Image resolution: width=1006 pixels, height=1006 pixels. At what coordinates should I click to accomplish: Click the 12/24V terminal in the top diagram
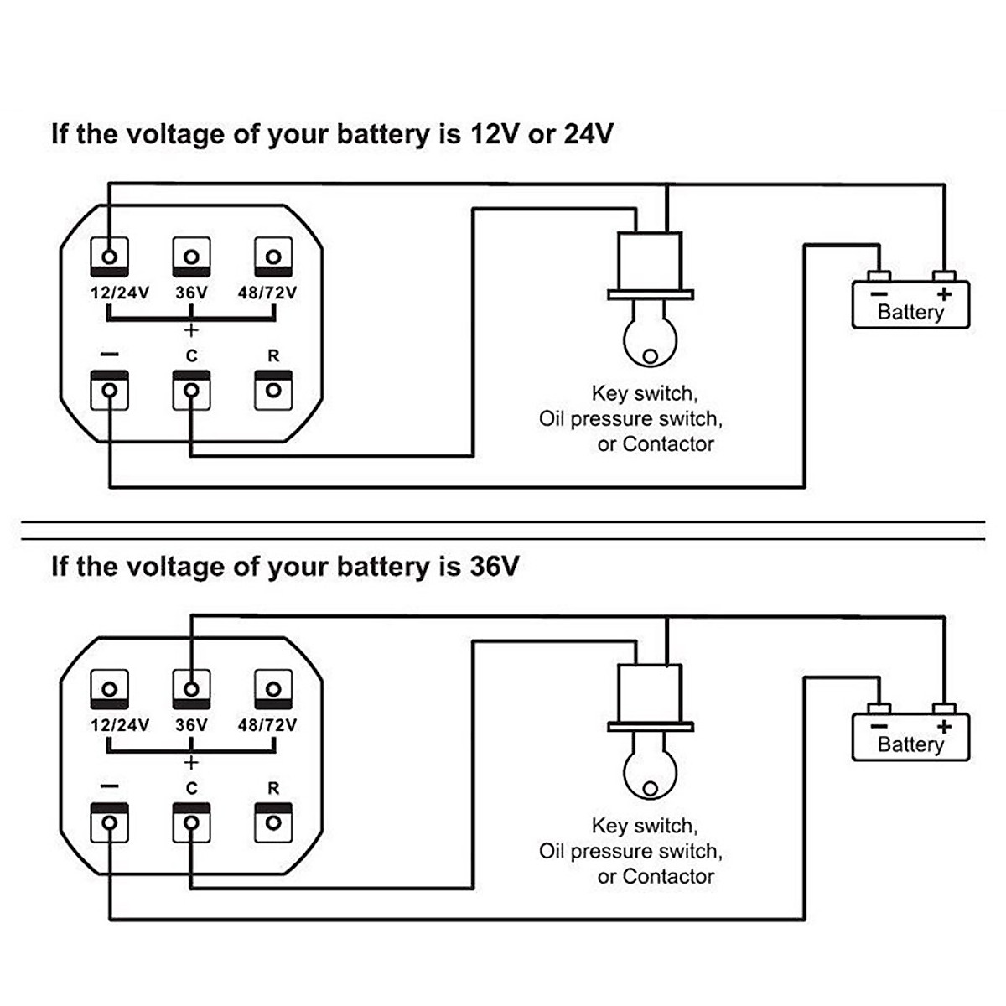click(x=110, y=256)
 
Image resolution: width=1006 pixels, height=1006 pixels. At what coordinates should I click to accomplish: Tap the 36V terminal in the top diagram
click(x=191, y=256)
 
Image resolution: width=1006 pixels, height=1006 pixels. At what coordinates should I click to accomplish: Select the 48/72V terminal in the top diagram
click(x=272, y=256)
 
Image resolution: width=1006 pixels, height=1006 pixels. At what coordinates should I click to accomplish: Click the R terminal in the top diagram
click(x=272, y=390)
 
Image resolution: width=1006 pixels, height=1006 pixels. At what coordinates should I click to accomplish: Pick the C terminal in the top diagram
click(x=191, y=390)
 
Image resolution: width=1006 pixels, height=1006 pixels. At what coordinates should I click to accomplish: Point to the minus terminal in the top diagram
click(x=110, y=390)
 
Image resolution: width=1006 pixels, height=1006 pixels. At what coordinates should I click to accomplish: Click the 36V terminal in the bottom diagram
click(x=191, y=688)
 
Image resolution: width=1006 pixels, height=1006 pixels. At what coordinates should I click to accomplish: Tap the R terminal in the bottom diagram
click(x=272, y=822)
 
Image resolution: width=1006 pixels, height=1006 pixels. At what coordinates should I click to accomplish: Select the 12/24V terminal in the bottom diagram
click(x=110, y=688)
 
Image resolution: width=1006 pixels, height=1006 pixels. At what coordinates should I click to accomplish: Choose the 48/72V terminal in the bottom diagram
click(x=272, y=688)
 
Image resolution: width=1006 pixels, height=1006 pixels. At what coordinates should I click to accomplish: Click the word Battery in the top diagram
click(x=910, y=312)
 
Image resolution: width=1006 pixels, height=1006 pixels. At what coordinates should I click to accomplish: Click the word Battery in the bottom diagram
click(x=910, y=744)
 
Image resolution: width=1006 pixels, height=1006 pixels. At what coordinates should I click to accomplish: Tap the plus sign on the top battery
click(x=945, y=294)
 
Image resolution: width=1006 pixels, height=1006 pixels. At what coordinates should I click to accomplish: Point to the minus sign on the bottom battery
click(x=879, y=727)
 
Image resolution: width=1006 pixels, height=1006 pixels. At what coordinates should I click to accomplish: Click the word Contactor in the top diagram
click(x=668, y=444)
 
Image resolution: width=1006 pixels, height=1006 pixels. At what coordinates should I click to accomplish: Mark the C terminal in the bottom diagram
click(x=191, y=822)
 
